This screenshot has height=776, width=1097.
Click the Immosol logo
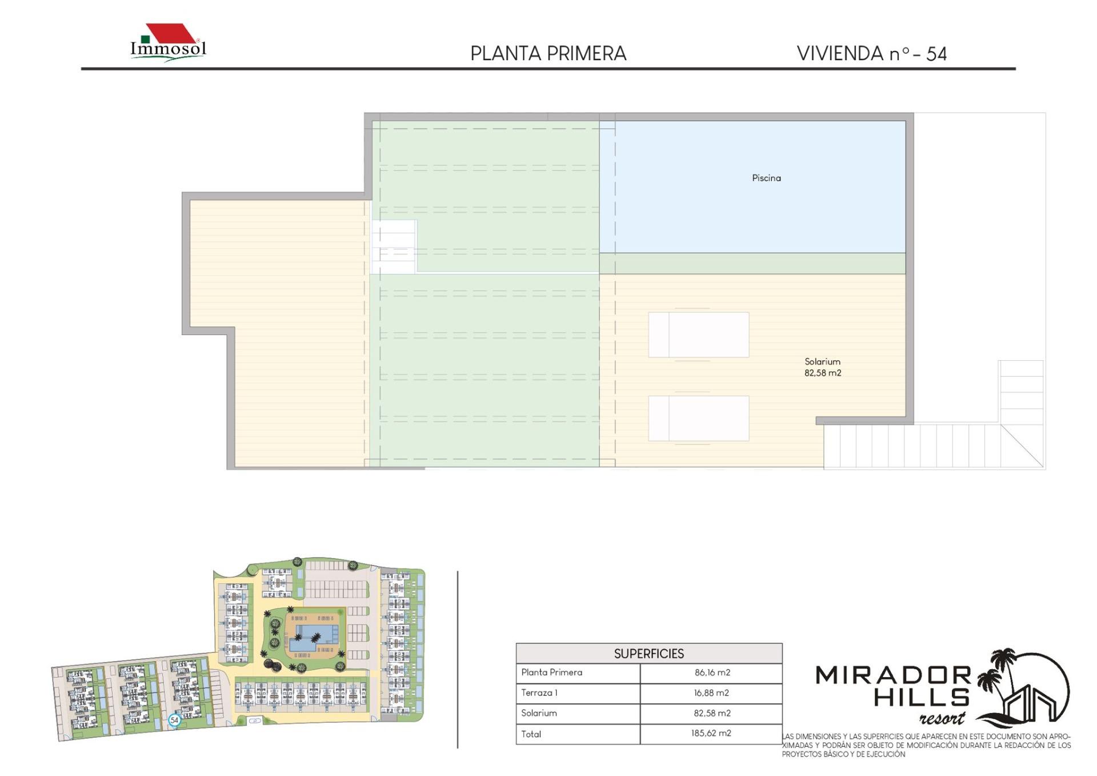169,42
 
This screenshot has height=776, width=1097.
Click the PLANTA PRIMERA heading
548,54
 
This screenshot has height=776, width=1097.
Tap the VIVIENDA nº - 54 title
872,54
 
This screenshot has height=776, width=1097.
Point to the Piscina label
766,178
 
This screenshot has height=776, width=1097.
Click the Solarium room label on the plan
822,361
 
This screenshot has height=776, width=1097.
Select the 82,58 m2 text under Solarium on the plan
823,373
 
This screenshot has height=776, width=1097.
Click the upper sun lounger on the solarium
698,335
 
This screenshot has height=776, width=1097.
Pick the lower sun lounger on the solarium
698,419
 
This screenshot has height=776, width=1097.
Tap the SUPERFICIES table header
648,654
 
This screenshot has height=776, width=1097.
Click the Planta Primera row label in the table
551,672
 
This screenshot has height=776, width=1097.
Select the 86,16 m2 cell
712,672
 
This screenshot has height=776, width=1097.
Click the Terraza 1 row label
539,693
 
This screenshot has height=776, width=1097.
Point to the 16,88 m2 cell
711,693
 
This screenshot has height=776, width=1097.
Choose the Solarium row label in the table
539,713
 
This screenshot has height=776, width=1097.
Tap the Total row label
531,734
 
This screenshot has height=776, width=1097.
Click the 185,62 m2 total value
711,733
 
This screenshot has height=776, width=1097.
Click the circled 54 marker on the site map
174,720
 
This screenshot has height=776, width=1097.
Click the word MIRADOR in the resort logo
893,676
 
